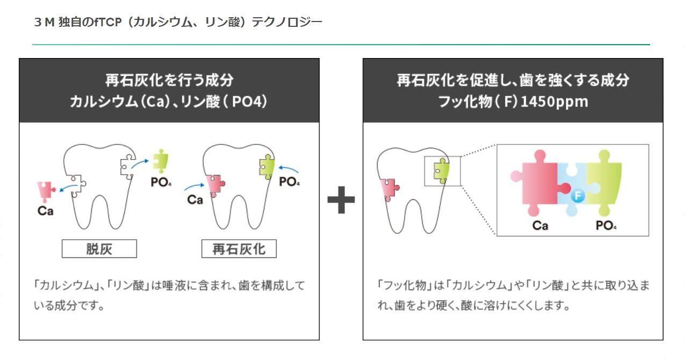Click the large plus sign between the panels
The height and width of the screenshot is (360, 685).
(341, 200)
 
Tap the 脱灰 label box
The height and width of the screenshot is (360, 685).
(99, 249)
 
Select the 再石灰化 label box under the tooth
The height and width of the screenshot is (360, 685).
(239, 249)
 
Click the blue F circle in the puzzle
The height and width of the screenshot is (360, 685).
(578, 196)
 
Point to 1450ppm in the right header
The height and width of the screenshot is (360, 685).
(554, 102)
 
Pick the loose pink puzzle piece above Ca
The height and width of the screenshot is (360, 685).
(46, 192)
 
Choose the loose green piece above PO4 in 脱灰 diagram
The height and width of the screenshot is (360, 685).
(161, 161)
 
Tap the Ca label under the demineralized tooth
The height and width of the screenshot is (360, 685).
(45, 211)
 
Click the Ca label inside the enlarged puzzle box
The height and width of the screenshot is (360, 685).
(540, 226)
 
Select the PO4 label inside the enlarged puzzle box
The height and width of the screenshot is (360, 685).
(606, 226)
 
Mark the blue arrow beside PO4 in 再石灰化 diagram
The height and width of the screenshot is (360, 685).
(289, 169)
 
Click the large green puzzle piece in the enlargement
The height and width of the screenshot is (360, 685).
(604, 183)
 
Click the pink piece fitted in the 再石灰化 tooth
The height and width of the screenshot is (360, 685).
(215, 185)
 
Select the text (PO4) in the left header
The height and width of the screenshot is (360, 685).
(246, 102)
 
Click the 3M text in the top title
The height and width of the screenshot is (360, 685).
(45, 22)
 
